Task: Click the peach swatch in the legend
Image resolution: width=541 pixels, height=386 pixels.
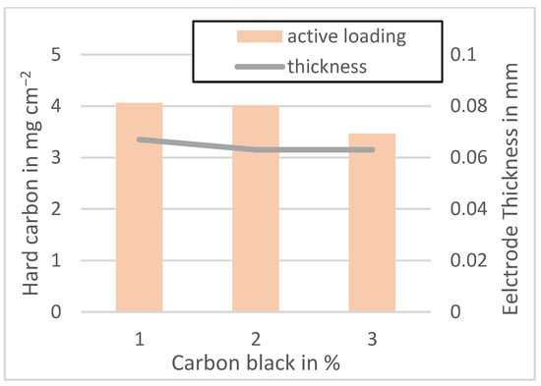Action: (x=259, y=36)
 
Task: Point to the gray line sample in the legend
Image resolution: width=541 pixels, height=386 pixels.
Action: (x=259, y=67)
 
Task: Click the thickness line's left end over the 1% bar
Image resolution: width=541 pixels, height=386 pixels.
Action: (x=139, y=139)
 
